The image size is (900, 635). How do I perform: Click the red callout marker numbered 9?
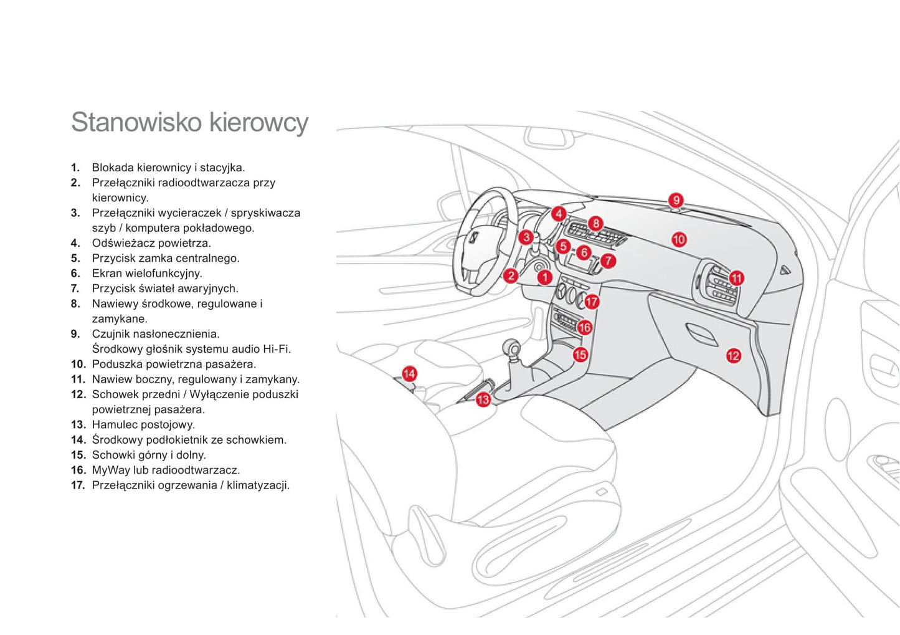(x=676, y=200)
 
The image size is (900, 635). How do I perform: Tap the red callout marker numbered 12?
(x=733, y=356)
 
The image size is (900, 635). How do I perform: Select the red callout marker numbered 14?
(x=409, y=373)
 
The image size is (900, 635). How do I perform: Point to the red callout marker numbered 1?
(x=545, y=277)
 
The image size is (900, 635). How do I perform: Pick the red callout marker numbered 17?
(x=592, y=302)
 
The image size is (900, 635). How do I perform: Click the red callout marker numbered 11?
(x=737, y=278)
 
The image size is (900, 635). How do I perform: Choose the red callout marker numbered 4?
(x=559, y=214)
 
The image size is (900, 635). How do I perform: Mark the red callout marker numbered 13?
(x=483, y=399)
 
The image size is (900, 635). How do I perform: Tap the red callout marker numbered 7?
(x=608, y=261)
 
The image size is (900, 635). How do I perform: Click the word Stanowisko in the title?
(x=136, y=122)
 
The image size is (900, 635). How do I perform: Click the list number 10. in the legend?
(x=78, y=364)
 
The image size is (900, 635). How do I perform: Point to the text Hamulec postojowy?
(x=143, y=424)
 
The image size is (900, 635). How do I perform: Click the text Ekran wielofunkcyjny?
(x=147, y=273)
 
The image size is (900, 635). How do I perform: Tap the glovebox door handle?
(x=701, y=335)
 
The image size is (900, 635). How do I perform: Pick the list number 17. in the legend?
(x=78, y=485)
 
